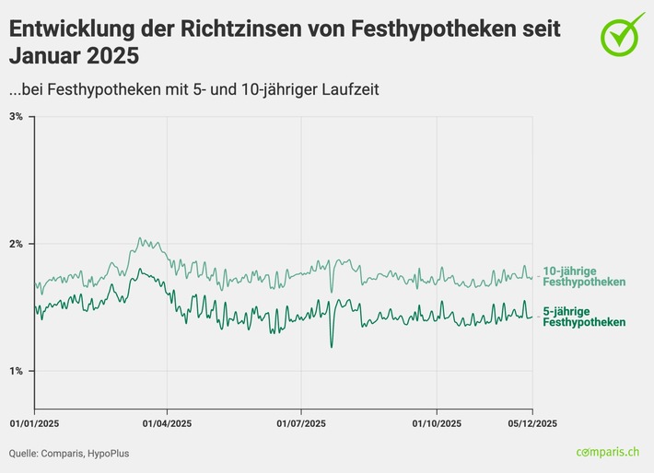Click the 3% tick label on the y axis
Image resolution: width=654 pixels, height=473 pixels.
coord(17,117)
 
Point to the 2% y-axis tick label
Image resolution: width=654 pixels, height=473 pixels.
coord(17,244)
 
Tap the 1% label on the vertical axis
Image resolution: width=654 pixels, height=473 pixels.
coord(17,371)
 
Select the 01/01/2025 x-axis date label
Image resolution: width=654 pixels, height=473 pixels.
coord(34,423)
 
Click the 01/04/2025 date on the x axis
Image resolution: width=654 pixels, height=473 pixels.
coord(167,423)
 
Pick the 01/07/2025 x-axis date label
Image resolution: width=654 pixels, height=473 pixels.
coord(301,423)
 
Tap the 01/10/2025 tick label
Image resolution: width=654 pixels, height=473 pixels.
coord(436,423)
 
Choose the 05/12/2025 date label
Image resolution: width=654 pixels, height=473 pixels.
coord(532,423)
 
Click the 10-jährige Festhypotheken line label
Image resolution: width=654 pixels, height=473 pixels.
coord(584,276)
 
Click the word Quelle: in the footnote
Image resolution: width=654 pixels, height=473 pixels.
coord(26,453)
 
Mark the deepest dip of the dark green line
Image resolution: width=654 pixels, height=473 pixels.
coord(332,347)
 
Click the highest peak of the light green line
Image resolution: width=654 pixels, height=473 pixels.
coord(139,238)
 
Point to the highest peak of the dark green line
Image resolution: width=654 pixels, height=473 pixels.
coord(139,270)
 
